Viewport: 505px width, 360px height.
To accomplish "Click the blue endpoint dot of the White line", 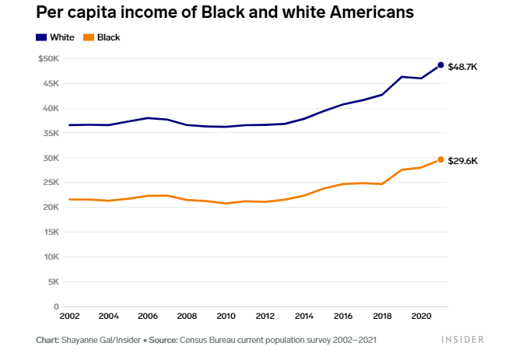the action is click(440, 65).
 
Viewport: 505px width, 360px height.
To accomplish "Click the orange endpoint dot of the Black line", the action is click(440, 159).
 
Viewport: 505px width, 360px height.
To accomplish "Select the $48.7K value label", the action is click(462, 67).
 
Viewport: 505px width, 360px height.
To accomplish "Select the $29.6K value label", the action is click(462, 161).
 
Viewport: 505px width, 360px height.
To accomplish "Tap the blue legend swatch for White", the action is click(41, 37).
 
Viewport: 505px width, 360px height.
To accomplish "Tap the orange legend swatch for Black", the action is click(89, 37).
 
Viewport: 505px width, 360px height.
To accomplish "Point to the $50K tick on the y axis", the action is click(48, 58).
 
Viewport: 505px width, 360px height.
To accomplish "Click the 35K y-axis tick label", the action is click(51, 133).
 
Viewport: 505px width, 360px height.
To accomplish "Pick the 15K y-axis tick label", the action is click(51, 232).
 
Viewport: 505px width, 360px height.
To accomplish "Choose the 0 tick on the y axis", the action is click(56, 306).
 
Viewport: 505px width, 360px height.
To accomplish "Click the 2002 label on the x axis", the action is click(69, 316).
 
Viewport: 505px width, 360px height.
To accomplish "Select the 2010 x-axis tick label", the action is click(226, 316).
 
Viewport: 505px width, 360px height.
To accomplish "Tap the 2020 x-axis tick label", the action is click(421, 316).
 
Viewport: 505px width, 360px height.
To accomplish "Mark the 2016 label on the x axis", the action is click(343, 316).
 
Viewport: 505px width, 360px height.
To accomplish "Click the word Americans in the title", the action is click(372, 12).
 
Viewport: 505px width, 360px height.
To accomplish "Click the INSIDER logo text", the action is click(462, 340).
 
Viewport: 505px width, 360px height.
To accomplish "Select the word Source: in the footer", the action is click(163, 340).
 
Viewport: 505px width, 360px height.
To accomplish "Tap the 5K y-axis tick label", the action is click(54, 281).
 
